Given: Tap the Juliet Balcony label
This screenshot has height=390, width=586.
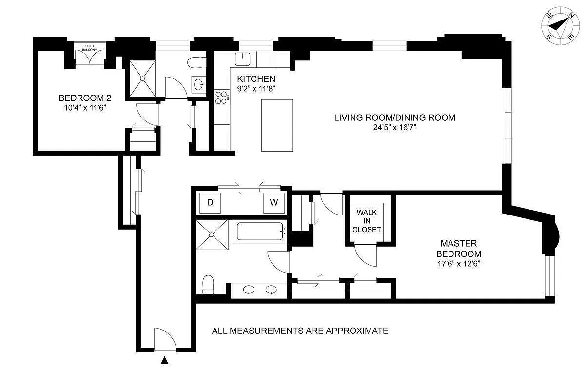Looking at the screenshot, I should pyautogui.click(x=89, y=48).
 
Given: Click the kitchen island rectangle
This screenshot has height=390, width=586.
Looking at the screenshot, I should pyautogui.click(x=277, y=125).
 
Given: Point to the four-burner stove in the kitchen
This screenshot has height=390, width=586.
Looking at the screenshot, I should pyautogui.click(x=222, y=97).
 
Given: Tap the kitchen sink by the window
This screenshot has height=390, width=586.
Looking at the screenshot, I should pyautogui.click(x=242, y=59).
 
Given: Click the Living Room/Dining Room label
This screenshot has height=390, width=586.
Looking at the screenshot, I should pyautogui.click(x=394, y=117).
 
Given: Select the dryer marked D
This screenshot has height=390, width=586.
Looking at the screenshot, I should pyautogui.click(x=210, y=203).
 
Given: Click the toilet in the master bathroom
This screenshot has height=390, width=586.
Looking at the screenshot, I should pyautogui.click(x=208, y=284).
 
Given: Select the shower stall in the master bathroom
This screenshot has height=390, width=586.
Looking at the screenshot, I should pyautogui.click(x=212, y=234).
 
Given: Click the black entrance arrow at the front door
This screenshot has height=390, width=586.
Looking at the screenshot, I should pyautogui.click(x=165, y=361).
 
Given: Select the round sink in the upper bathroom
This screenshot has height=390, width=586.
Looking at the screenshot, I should pyautogui.click(x=199, y=85).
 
